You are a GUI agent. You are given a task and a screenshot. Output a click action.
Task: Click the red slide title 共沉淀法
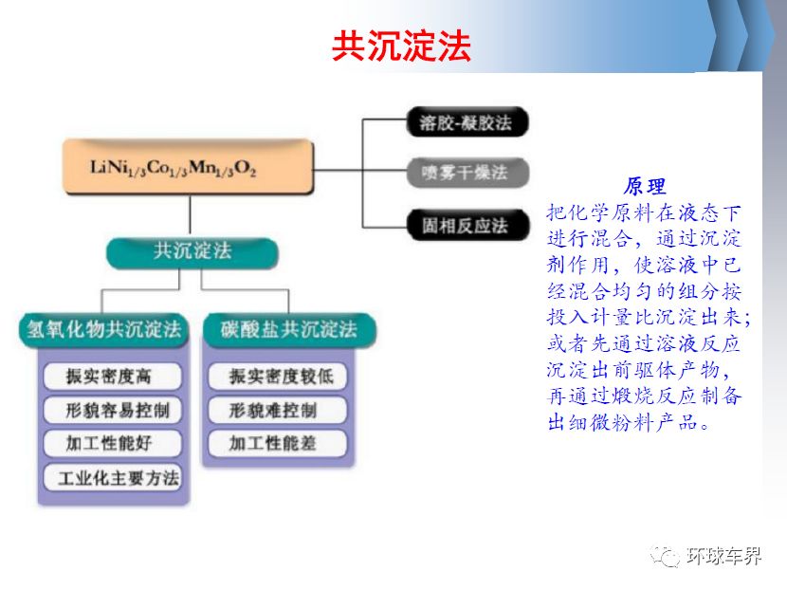pos(401,46)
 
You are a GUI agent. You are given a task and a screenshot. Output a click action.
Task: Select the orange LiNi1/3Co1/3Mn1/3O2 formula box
pos(189,167)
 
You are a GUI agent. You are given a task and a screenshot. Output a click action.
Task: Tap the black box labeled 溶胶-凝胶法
pos(467,122)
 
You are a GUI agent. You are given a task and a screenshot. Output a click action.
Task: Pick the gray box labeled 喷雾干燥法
pos(467,173)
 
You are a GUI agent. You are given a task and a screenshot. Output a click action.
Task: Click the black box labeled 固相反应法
pos(467,226)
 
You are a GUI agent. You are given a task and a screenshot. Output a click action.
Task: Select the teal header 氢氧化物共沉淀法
pos(104,330)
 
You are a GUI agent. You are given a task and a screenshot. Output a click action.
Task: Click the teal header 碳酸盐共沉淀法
pos(289,330)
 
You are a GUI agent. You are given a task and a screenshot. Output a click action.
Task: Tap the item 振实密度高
pos(113,376)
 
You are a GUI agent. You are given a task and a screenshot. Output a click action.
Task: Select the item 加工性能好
pos(113,443)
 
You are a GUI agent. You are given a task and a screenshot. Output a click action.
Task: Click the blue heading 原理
pos(645,186)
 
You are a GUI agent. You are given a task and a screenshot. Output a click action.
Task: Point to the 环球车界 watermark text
pos(723,556)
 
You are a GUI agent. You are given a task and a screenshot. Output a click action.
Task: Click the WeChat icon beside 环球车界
pos(666,556)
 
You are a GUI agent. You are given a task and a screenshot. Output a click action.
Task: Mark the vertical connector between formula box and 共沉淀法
pos(191,216)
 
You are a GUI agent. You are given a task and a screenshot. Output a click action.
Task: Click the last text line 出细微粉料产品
pos(629,422)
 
